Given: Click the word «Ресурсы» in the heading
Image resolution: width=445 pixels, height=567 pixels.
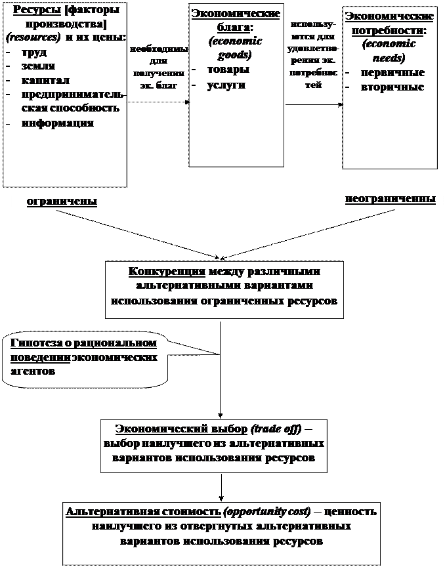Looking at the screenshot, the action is click(34, 10).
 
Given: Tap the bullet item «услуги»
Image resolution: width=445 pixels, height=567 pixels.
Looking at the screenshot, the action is click(226, 85).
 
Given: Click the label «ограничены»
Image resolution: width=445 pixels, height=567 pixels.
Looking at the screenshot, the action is click(62, 201).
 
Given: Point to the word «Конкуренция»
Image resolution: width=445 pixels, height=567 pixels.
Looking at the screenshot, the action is click(167, 272).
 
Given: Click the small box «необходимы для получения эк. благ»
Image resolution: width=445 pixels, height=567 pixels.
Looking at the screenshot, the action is click(159, 72).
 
